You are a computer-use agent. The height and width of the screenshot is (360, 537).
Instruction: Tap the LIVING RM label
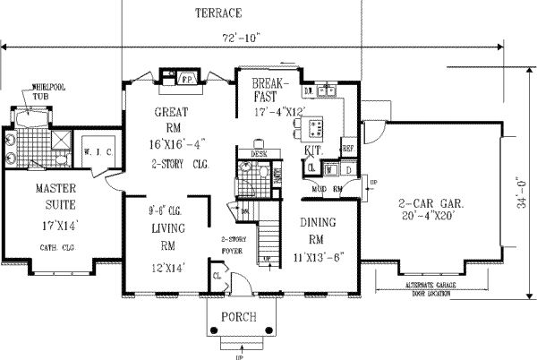[166, 236]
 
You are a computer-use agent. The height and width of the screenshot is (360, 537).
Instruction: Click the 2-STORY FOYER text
[234, 246]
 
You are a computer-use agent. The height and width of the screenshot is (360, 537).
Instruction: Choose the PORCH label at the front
[236, 318]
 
